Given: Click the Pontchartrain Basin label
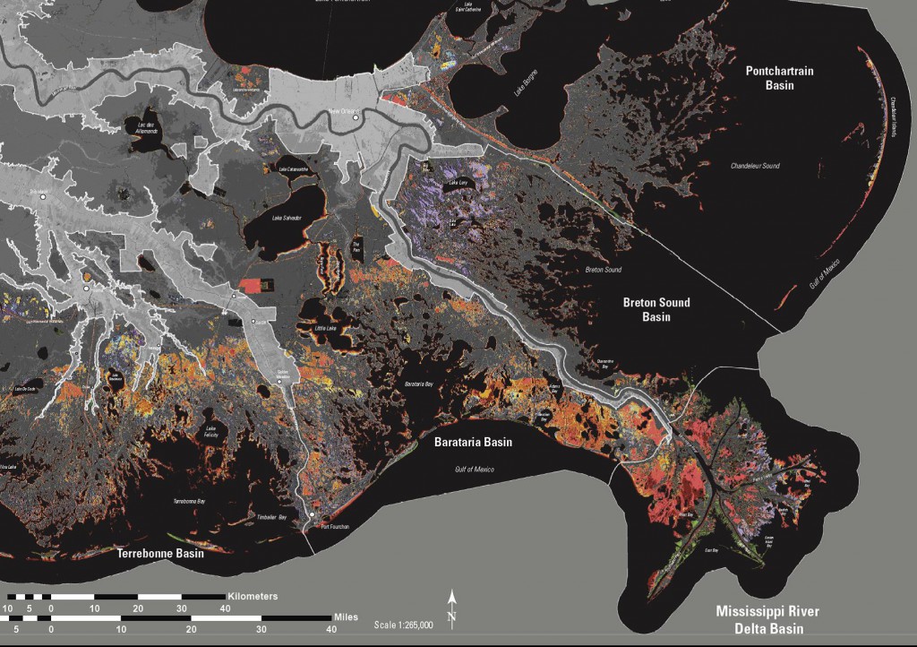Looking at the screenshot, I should [778, 77].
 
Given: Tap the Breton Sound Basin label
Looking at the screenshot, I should [658, 309].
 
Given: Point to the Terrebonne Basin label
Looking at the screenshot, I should [161, 553].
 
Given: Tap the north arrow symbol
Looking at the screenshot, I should [453, 608].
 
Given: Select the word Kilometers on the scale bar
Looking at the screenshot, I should [253, 596].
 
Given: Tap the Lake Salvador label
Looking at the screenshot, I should [287, 218].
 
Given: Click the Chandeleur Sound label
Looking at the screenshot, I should [757, 166].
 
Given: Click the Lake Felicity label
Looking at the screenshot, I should [211, 433].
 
